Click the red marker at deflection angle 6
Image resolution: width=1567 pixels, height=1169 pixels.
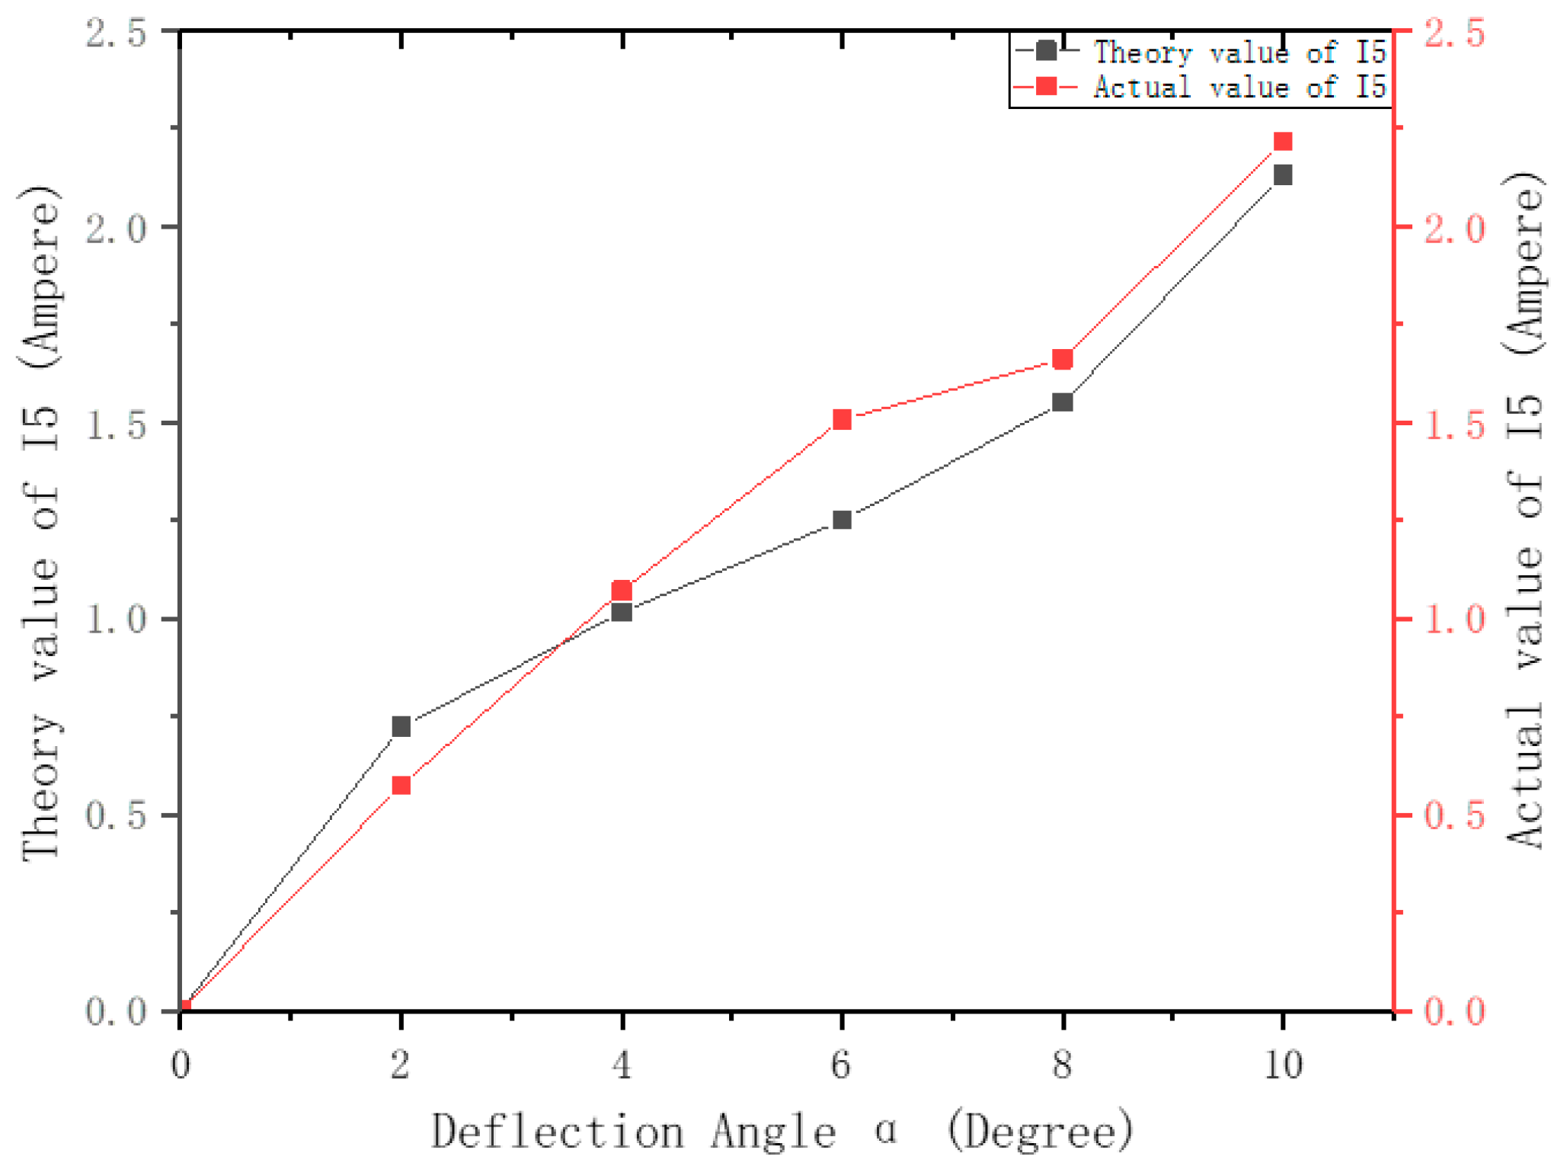(x=842, y=420)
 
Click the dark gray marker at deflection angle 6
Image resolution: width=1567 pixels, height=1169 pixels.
(x=842, y=520)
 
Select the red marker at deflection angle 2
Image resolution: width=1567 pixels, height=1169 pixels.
(x=401, y=786)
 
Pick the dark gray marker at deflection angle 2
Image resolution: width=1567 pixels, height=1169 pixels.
(x=401, y=726)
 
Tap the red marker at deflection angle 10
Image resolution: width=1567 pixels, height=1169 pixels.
(x=1283, y=142)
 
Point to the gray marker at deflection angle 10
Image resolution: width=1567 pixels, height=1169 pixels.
(x=1283, y=175)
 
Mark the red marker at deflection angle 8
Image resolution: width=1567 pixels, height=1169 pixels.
(x=1063, y=359)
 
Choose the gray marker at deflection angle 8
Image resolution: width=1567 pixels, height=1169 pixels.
(x=1063, y=402)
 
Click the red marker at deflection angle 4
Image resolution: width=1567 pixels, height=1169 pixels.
(x=622, y=591)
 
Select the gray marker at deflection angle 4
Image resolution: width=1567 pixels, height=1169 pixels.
(x=622, y=611)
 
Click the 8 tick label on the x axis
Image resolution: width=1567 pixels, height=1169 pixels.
(x=1062, y=1064)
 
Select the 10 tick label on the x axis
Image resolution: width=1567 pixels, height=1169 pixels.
(x=1283, y=1064)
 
